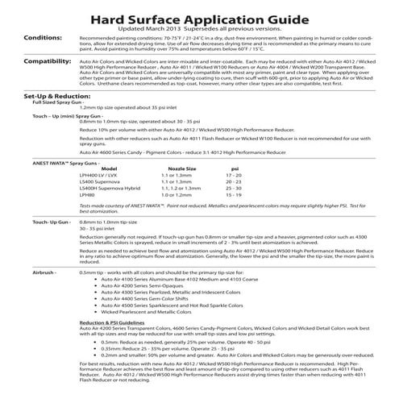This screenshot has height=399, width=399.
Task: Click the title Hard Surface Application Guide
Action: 199,15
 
